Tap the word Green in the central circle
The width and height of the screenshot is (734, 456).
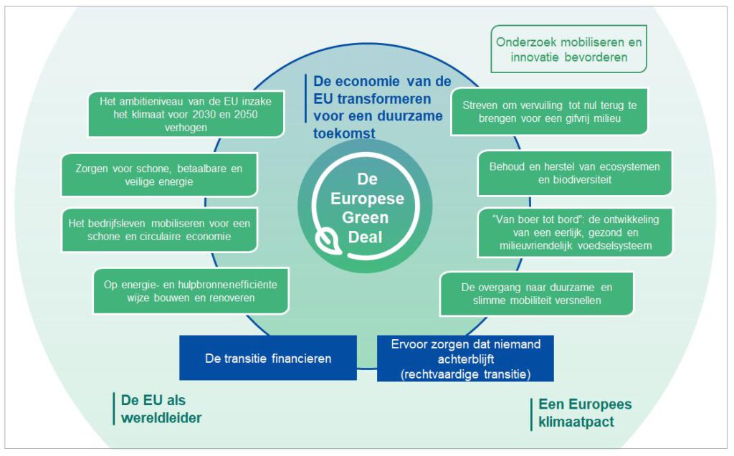[365, 218]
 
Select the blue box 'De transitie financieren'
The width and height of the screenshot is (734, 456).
[268, 358]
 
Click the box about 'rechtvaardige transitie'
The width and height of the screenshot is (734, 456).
[465, 358]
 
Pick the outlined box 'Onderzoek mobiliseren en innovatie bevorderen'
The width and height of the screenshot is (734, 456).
[568, 49]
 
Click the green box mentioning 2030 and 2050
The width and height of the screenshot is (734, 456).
[186, 114]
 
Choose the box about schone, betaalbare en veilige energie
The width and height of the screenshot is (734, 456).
[159, 175]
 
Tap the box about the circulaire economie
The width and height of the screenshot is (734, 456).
[159, 230]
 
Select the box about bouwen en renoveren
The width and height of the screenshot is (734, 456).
[191, 290]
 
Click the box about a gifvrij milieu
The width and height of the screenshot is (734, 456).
[549, 112]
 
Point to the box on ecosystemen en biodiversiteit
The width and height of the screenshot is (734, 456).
[574, 174]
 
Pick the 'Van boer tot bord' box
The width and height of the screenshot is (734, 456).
[575, 233]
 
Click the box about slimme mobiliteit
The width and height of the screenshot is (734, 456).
[536, 294]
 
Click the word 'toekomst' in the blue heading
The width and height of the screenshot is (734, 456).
[344, 133]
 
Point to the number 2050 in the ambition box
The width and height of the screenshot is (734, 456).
[245, 114]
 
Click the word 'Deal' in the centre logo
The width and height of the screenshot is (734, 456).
[365, 237]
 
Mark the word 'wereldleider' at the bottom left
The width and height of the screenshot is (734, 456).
[161, 417]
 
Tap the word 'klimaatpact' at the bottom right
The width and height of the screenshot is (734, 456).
[576, 422]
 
